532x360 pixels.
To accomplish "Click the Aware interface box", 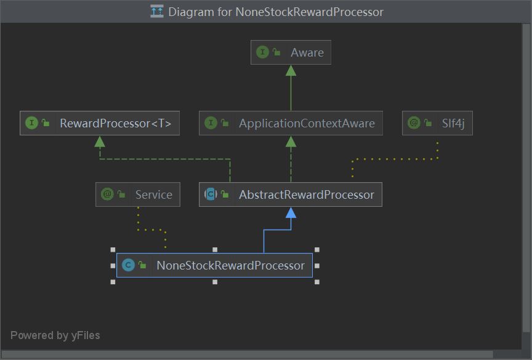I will coord(291,53).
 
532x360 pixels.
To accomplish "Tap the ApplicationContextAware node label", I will coord(307,124).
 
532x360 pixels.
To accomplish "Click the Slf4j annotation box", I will coord(437,124).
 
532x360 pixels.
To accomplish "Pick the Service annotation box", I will coord(138,195).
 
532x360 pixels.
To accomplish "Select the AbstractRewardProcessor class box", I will coord(291,195).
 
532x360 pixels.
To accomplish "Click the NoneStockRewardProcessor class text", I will coord(230,266).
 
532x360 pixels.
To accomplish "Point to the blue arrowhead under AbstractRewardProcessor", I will coord(291,213).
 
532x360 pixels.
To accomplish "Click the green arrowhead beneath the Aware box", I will coord(291,70).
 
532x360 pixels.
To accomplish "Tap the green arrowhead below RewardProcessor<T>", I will coord(100,142).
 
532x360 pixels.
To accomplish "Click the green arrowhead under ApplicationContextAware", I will coord(291,142).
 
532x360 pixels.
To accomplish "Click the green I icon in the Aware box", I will coord(263,53).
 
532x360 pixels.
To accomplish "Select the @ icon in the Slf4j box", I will coord(414,124).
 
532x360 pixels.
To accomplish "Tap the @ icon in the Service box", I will coord(108,195).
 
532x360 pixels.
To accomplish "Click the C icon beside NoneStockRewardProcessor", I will coord(128,266).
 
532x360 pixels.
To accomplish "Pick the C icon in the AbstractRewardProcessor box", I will coord(211,195).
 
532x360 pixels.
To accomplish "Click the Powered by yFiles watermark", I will coord(55,335).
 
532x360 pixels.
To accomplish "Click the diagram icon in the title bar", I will coord(157,12).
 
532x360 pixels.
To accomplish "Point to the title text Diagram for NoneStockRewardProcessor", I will coord(275,12).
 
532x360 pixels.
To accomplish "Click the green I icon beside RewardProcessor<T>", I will coord(32,124).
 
